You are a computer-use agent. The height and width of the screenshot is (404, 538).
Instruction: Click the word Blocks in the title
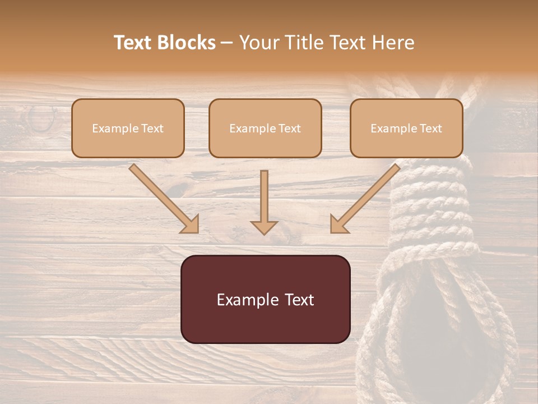pyautogui.click(x=188, y=43)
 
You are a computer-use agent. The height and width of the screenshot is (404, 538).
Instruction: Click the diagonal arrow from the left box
pyautogui.click(x=163, y=198)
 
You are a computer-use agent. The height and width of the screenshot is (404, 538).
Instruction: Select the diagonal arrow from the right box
pyautogui.click(x=365, y=198)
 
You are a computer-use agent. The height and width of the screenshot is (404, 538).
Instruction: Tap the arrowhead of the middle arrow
pyautogui.click(x=264, y=227)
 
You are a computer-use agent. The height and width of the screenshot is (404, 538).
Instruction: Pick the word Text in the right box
pyautogui.click(x=430, y=128)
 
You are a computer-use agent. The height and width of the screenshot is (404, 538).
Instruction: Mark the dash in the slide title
pyautogui.click(x=227, y=43)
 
